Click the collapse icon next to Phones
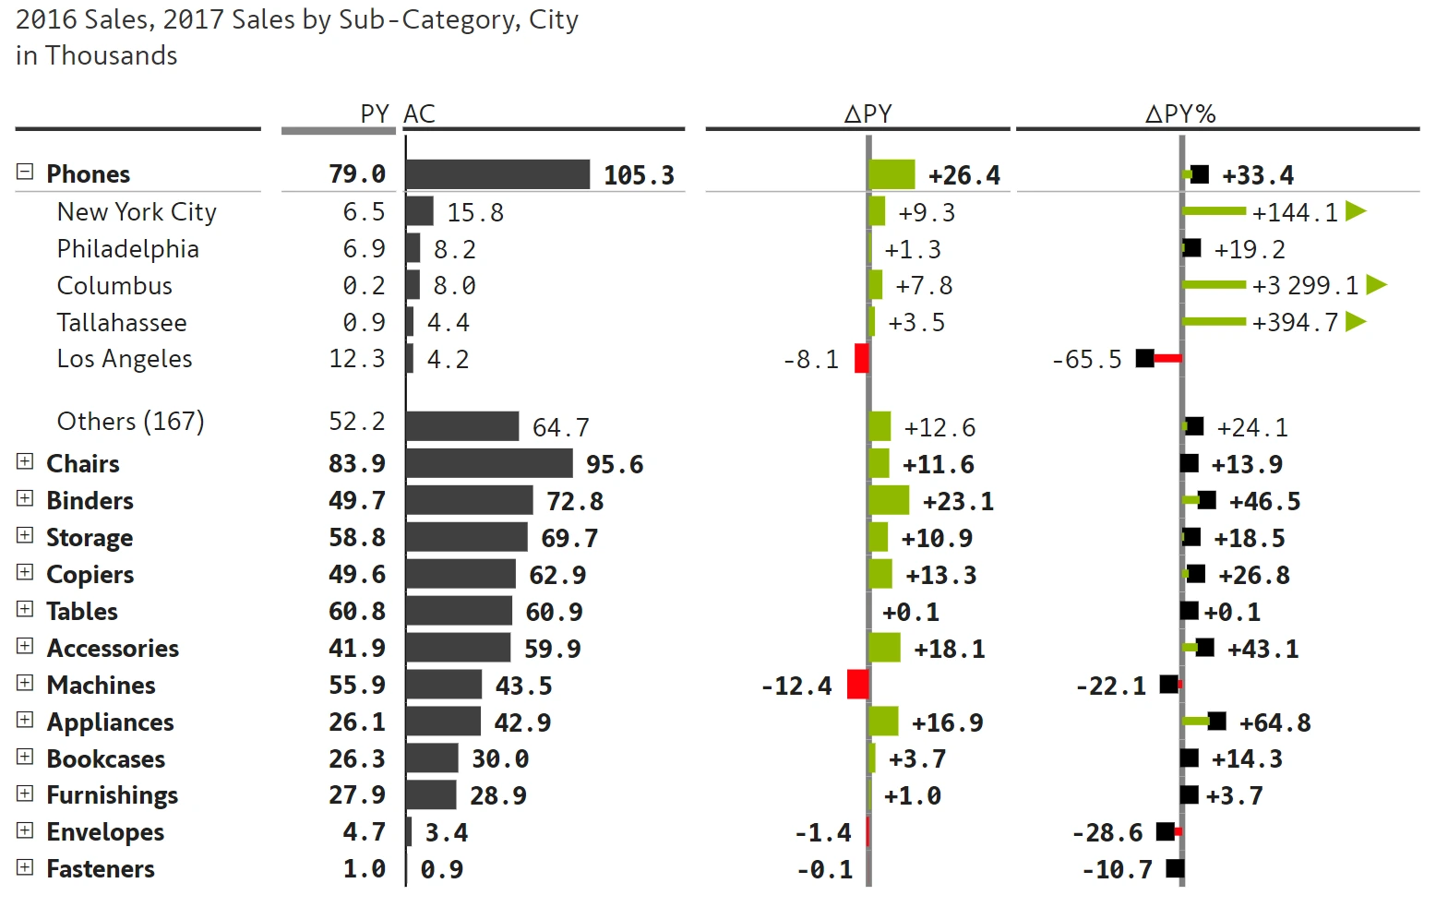tap(25, 172)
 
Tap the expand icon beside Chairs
tap(25, 461)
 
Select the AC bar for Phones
tap(497, 174)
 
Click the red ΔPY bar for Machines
tap(857, 685)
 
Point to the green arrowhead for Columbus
tap(1376, 284)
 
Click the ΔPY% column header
tap(1180, 113)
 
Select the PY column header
tap(375, 113)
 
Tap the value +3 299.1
tap(1305, 285)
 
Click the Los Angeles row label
tap(125, 358)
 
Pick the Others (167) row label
tap(130, 421)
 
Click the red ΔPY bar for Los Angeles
tap(861, 358)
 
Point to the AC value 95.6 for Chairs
tap(615, 464)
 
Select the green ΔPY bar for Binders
tap(890, 500)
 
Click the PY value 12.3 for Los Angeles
tap(357, 358)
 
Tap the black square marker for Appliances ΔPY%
tap(1217, 722)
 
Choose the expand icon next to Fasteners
tap(25, 867)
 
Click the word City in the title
tap(554, 19)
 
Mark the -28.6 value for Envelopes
tap(1107, 832)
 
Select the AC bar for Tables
tap(459, 611)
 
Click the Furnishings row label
tap(112, 794)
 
